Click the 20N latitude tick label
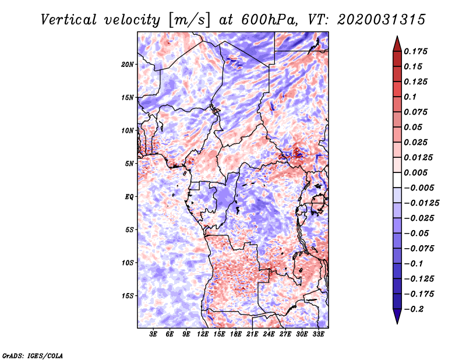[x=128, y=65]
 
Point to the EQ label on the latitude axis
[x=129, y=197]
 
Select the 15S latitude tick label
[x=128, y=296]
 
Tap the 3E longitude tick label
[x=153, y=334]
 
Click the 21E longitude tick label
[x=252, y=334]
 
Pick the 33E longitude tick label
[x=318, y=334]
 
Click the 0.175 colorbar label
[x=415, y=51]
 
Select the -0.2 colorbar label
[x=414, y=309]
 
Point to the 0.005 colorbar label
[x=415, y=172]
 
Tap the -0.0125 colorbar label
[x=421, y=203]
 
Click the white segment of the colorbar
[x=397, y=180]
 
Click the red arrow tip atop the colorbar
[x=397, y=36]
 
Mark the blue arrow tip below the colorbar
[x=397, y=323]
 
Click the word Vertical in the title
[x=68, y=20]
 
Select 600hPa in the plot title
[x=269, y=20]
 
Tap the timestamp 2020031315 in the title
[x=382, y=20]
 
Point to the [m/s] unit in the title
[x=189, y=20]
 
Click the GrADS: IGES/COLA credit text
[x=33, y=355]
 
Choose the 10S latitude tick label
[x=128, y=263]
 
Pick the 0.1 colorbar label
[x=410, y=97]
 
